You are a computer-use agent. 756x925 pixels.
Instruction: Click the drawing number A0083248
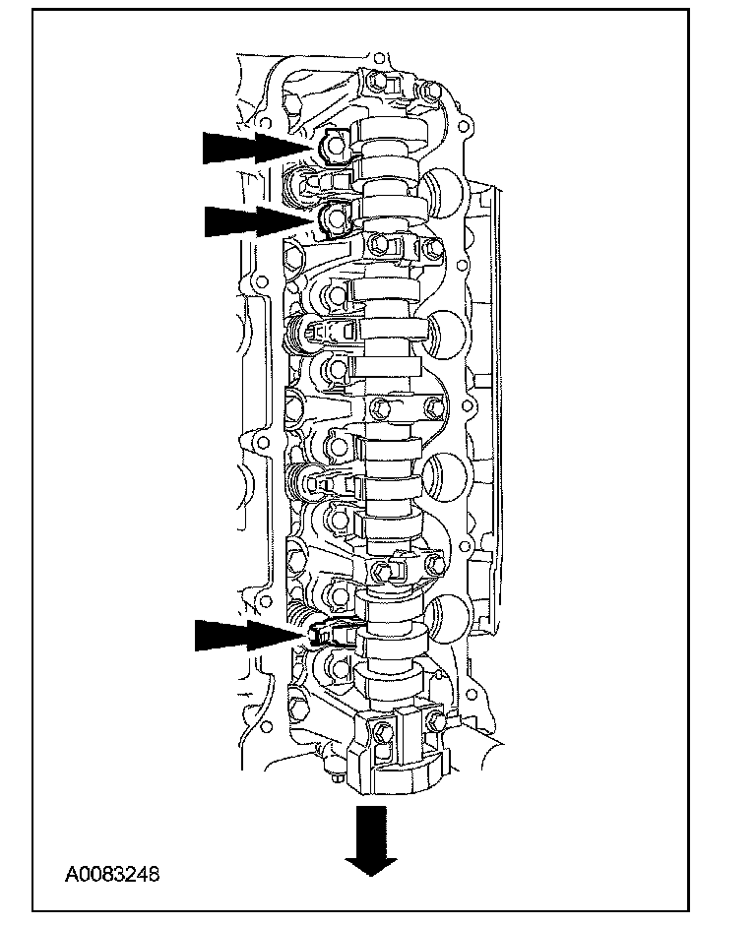click(112, 873)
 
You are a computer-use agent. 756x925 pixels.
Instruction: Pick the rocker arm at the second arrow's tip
click(335, 217)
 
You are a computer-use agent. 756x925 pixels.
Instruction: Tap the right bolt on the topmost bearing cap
click(430, 92)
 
